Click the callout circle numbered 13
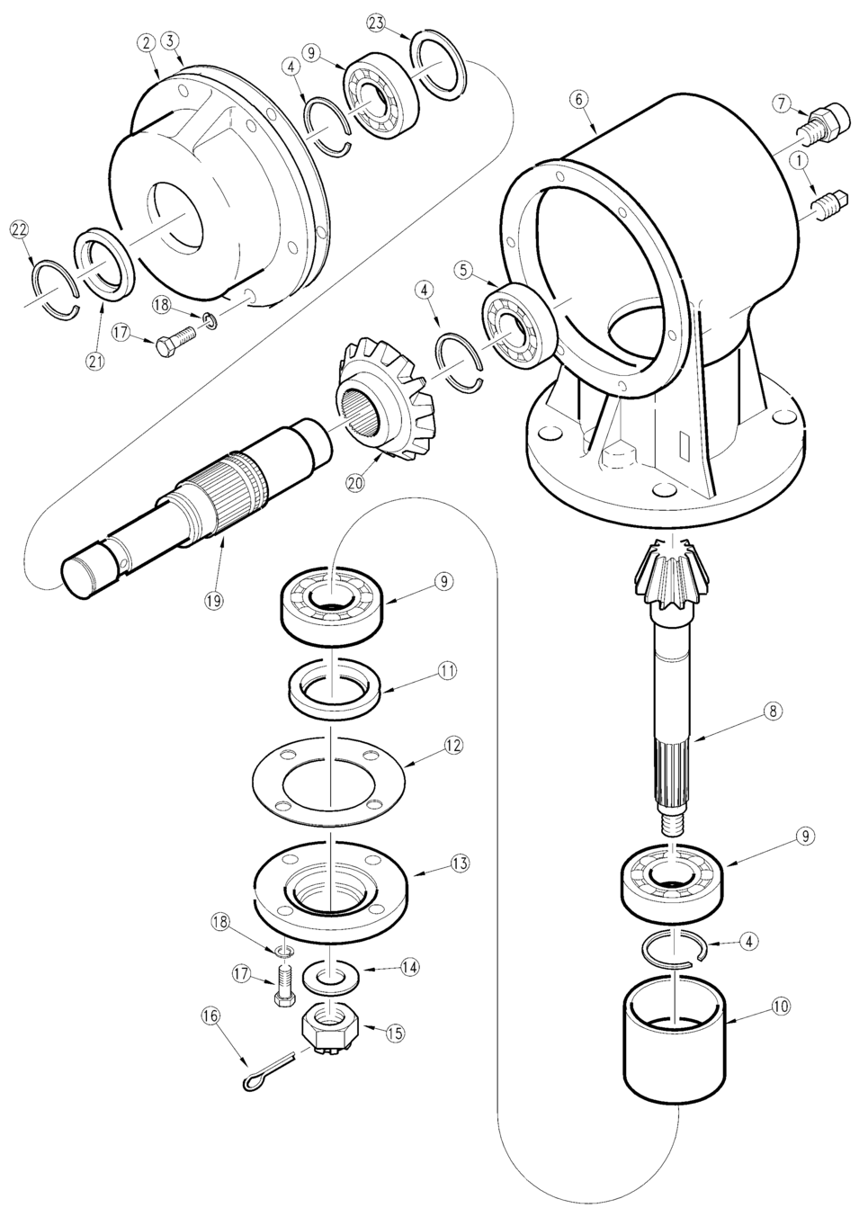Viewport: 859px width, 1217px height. (x=460, y=864)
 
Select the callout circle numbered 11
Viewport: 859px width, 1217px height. (x=447, y=671)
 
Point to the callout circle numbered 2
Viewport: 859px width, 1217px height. (x=146, y=43)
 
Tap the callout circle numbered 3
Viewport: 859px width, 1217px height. (x=171, y=43)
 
